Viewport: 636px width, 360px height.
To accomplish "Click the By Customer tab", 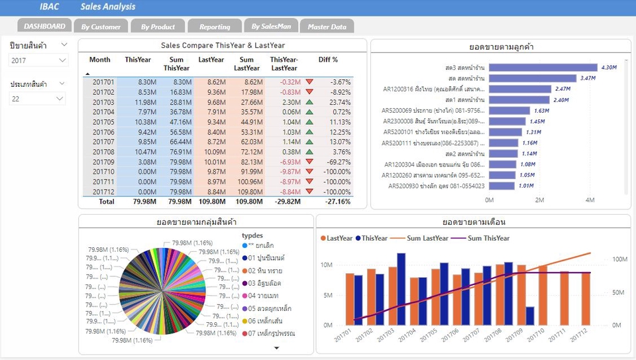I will coord(101,27).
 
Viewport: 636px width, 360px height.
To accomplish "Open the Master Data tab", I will coord(327,27).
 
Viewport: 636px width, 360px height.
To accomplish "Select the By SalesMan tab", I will coord(271,27).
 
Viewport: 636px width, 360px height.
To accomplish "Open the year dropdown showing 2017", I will coord(38,60).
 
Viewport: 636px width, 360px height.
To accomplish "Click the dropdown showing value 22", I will coord(37,99).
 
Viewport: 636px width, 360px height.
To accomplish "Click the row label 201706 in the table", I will coord(103,132).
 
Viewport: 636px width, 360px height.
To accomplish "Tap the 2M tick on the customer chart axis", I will coord(539,200).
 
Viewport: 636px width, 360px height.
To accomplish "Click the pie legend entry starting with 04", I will coord(264,296).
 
